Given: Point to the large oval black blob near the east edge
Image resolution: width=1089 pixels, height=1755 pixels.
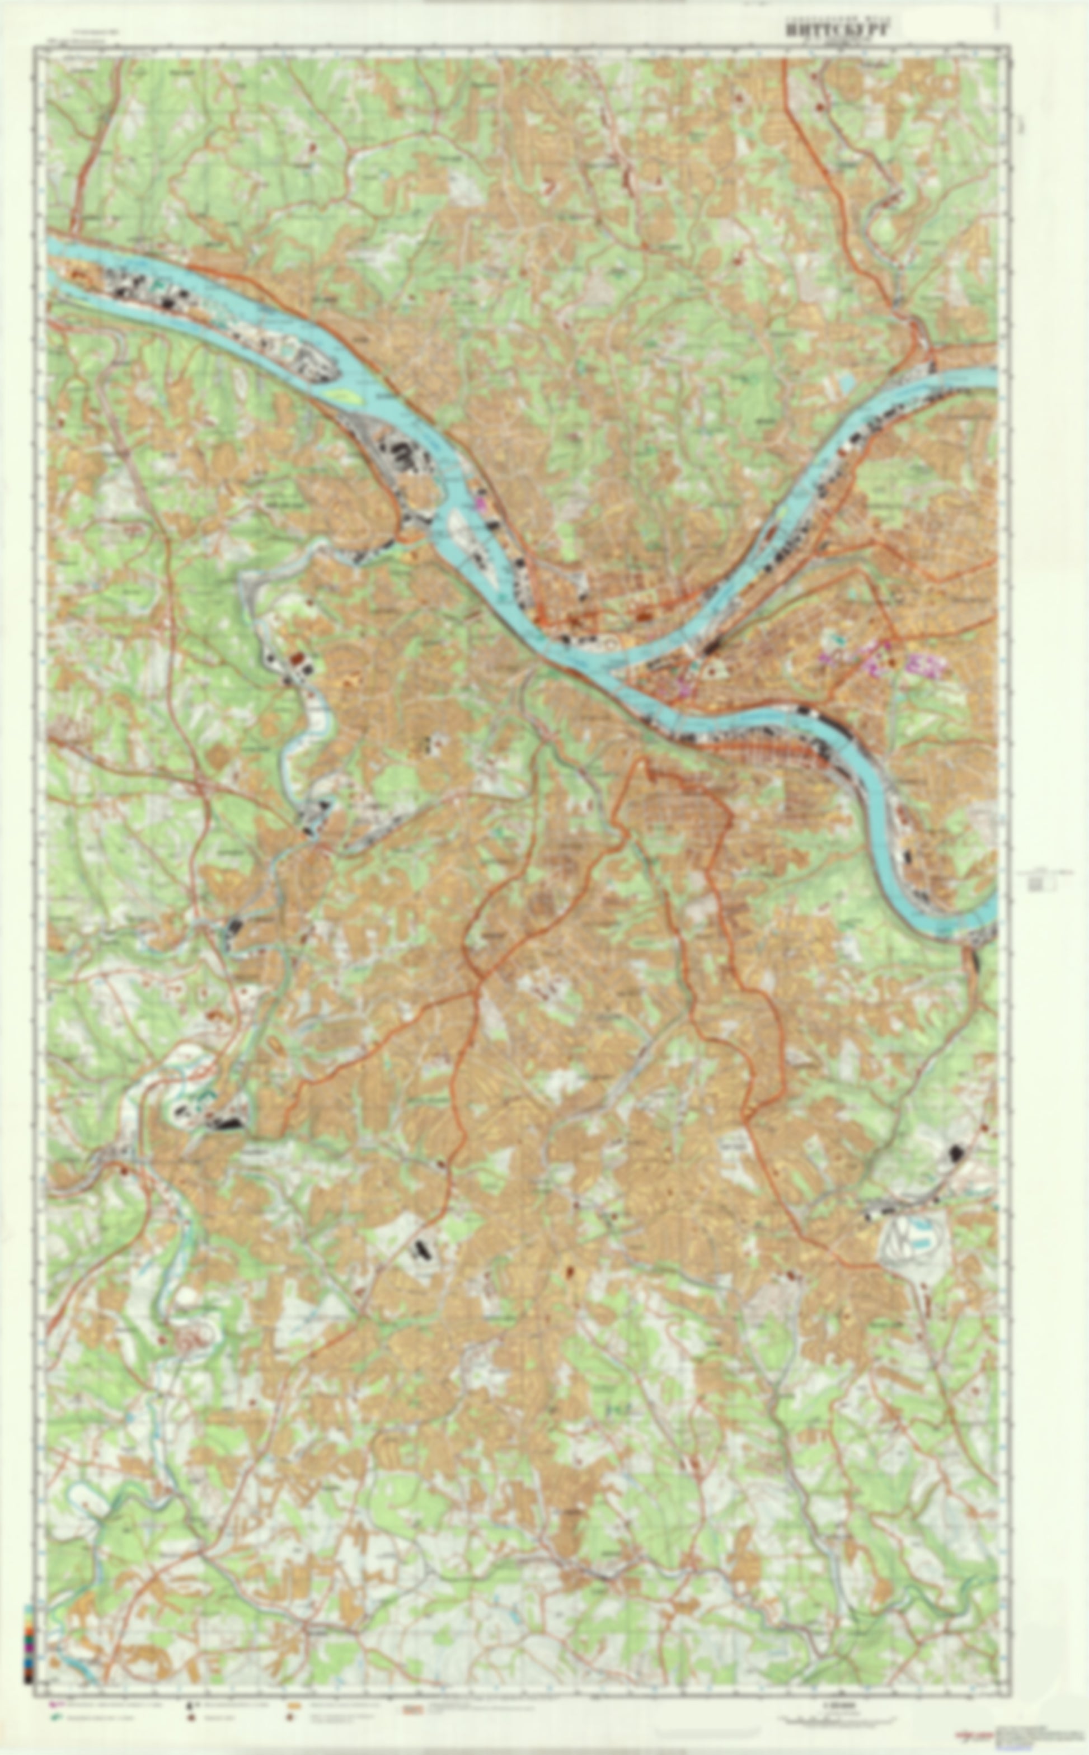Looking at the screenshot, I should point(956,1154).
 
